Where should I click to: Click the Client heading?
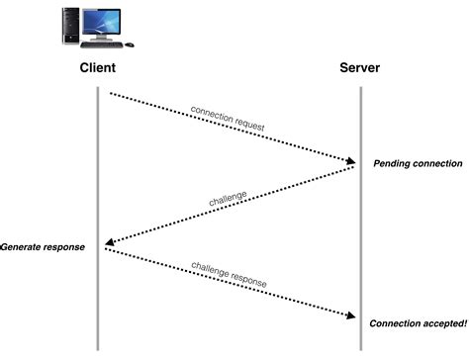pyautogui.click(x=98, y=68)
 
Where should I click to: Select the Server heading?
pyautogui.click(x=361, y=68)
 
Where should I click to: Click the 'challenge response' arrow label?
pyautogui.click(x=229, y=274)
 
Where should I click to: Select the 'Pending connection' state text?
pyautogui.click(x=417, y=162)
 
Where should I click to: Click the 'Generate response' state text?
pyautogui.click(x=43, y=246)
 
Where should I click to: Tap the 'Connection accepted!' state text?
pyautogui.click(x=418, y=323)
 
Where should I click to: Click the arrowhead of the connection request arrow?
pyautogui.click(x=351, y=160)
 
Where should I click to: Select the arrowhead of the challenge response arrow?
pyautogui.click(x=351, y=316)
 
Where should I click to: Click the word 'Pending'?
pyautogui.click(x=393, y=162)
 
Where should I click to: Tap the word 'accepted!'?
pyautogui.click(x=440, y=323)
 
